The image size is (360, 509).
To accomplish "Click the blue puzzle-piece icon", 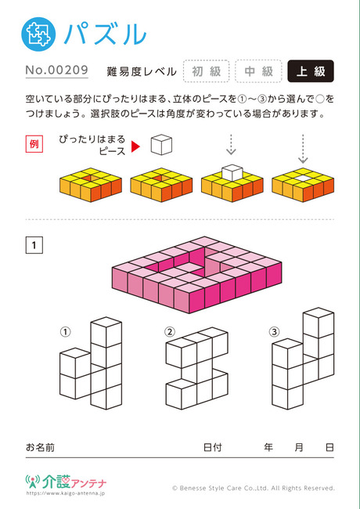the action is coord(38,34).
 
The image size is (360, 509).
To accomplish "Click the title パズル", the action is coord(106,34).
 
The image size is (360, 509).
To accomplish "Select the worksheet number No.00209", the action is coord(57,70).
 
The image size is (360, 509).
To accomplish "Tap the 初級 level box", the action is coord(207,71).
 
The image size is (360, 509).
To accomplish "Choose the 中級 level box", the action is coord(258,71).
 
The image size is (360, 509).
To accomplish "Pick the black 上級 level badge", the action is coord(311,71).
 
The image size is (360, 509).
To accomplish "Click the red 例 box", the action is coord(34,144).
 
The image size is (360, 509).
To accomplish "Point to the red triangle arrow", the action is coord(135,146).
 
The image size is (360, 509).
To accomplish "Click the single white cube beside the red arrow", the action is coord(161,145).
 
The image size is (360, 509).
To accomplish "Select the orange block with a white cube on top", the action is coord(232,183).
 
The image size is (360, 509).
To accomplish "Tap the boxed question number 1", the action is coord(34,245).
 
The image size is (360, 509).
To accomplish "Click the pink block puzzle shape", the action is coord(196,275).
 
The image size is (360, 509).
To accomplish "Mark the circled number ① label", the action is coord(65,332).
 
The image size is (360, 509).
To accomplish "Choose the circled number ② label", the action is coord(170,332).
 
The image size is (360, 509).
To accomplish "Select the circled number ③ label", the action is coord(275,332).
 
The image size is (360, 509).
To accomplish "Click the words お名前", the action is coord(40,447).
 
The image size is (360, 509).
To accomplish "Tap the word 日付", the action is coord(212,447).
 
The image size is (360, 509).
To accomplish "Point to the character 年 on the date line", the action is coord(268,447).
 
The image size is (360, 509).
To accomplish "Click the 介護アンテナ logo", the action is coord(66,484).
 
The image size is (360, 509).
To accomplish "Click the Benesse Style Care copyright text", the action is coord(254,488).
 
